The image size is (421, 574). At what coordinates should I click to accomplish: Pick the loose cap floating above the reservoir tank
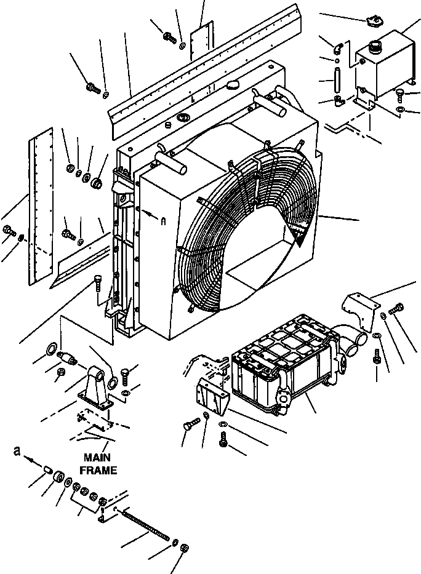(x=370, y=22)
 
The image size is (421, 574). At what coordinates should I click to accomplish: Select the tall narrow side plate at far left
(x=38, y=209)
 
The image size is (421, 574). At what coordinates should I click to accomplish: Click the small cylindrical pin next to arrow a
(x=47, y=471)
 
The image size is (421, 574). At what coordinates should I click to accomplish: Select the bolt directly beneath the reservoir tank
(x=400, y=94)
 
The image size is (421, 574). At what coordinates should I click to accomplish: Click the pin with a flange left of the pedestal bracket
(x=65, y=356)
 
